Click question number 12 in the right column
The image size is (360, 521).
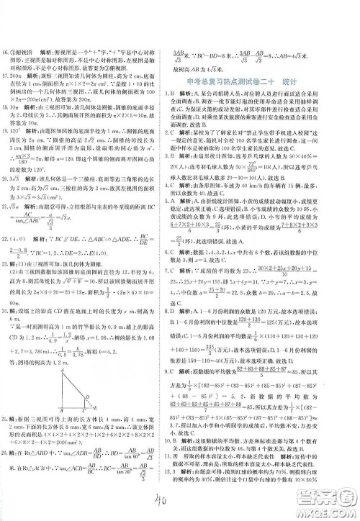click(x=189, y=485)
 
